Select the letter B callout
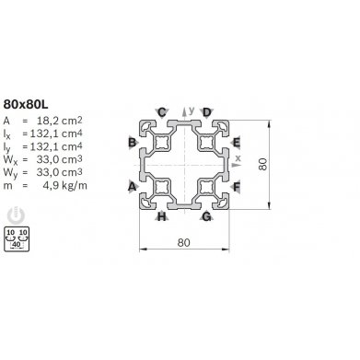(132, 143)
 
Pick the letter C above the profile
(162, 111)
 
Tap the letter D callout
(207, 111)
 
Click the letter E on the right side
(238, 143)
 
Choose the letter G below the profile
(206, 217)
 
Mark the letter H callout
(162, 217)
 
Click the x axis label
(238, 158)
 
